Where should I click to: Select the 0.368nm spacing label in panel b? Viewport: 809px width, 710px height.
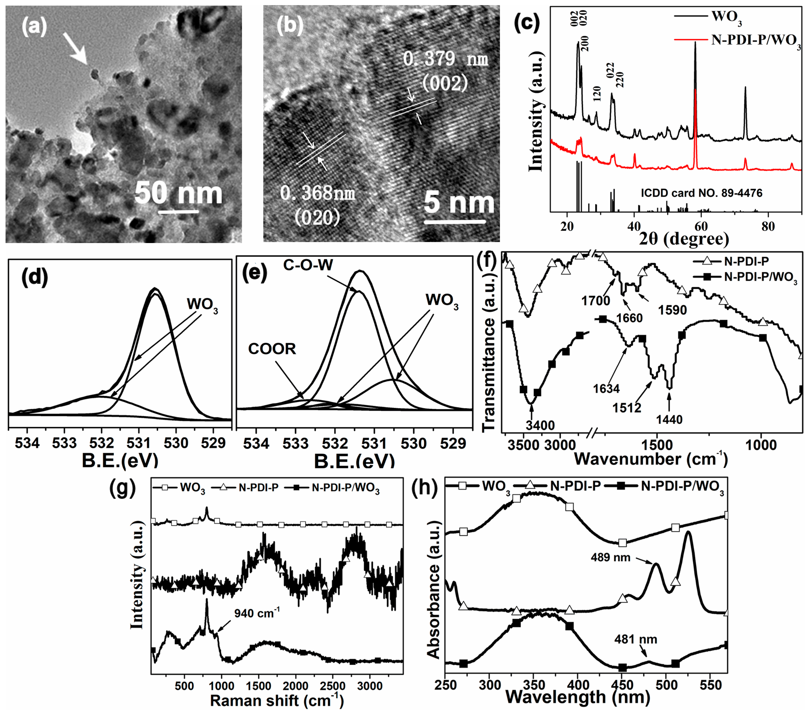pyautogui.click(x=317, y=193)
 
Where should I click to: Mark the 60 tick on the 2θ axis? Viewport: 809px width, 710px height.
pyautogui.click(x=701, y=227)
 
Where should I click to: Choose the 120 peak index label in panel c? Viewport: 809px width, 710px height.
pyautogui.click(x=597, y=94)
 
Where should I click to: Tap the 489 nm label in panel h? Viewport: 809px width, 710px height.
pyautogui.click(x=610, y=557)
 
